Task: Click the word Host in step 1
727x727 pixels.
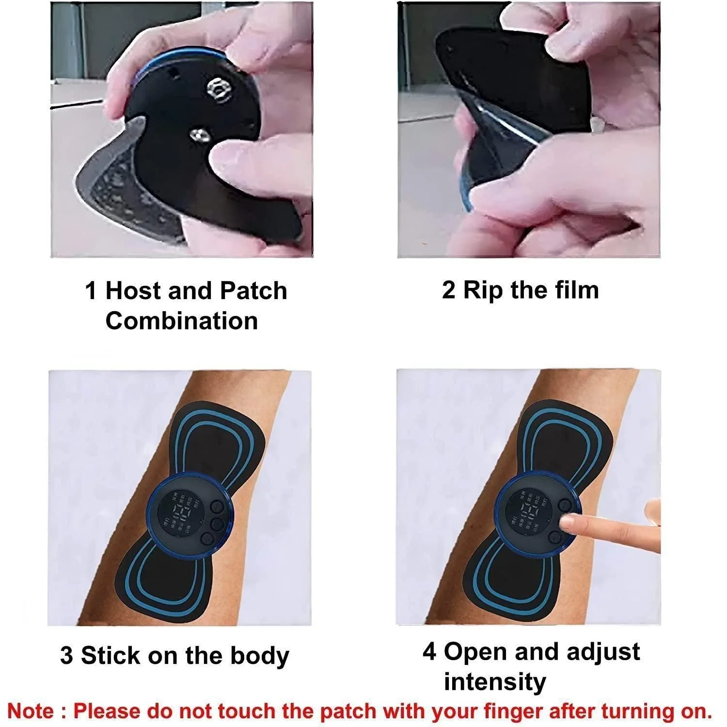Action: point(133,291)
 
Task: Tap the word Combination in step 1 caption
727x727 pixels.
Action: point(181,321)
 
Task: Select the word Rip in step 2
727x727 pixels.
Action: point(482,290)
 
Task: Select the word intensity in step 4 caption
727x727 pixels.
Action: point(495,681)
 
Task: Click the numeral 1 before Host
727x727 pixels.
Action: point(91,291)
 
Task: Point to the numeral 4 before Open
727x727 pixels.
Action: point(429,652)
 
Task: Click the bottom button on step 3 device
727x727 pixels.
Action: point(207,538)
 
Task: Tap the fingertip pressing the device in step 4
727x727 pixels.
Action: point(565,522)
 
